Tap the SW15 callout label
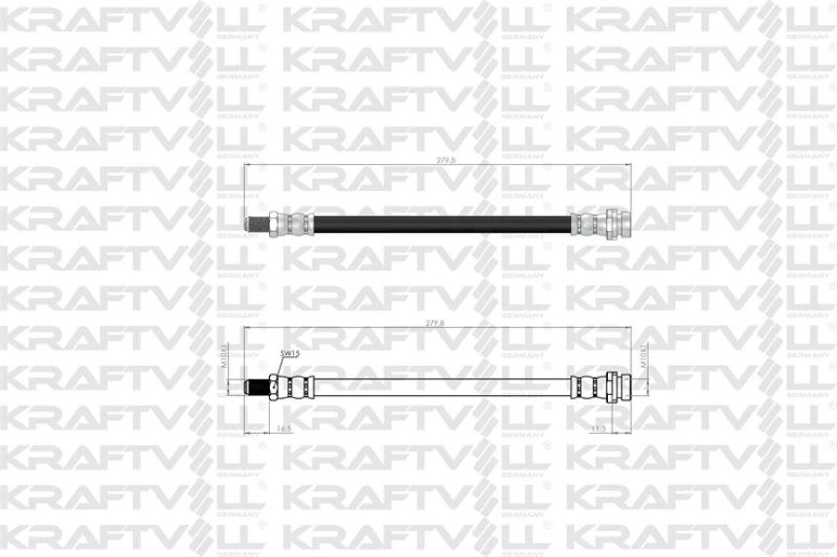tap(289, 354)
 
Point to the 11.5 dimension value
tap(598, 427)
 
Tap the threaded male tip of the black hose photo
tap(254, 223)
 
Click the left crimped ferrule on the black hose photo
tap(297, 223)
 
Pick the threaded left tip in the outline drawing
tap(256, 385)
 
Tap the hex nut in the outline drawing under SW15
tap(278, 385)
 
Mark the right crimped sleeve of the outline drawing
tap(585, 385)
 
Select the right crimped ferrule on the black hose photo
tap(585, 223)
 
